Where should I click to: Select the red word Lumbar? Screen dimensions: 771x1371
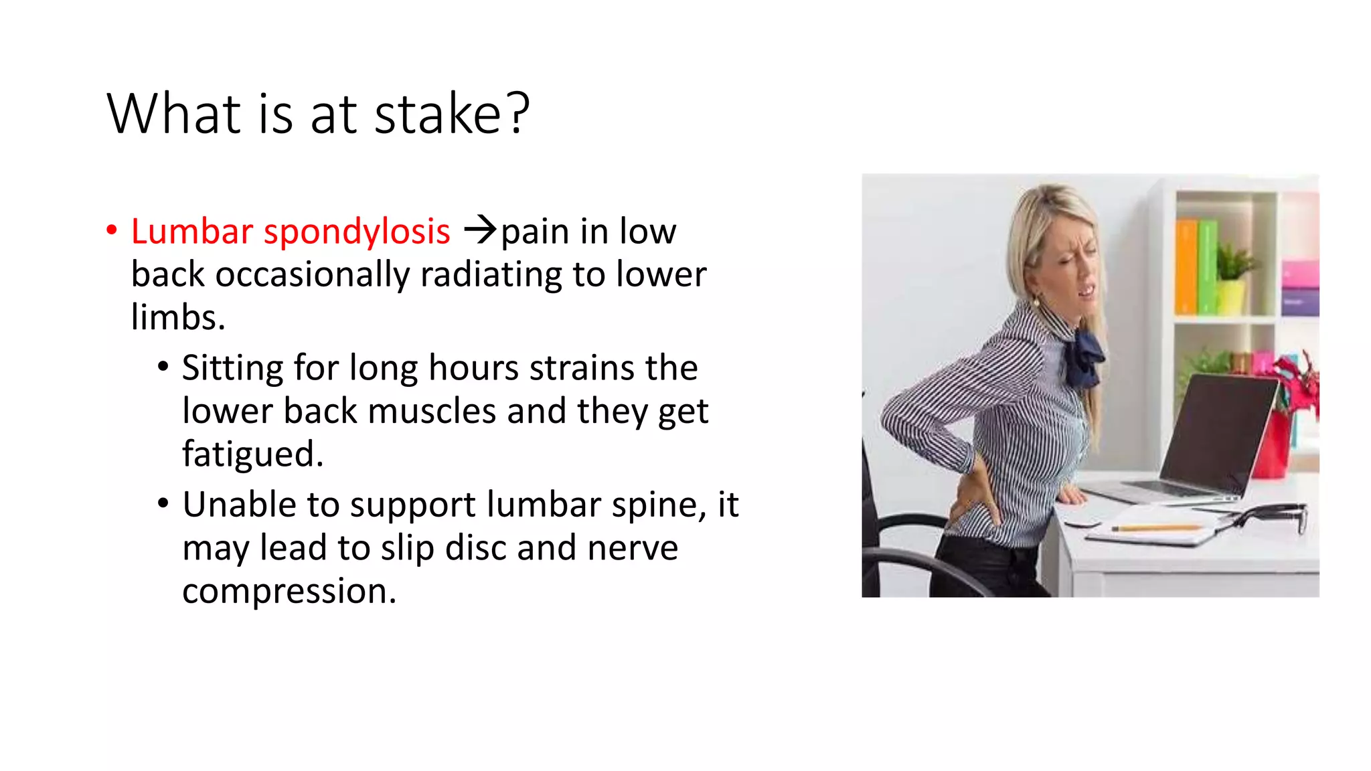[191, 232]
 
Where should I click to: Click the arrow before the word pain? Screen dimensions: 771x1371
[480, 230]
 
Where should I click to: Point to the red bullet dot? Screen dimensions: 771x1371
[112, 230]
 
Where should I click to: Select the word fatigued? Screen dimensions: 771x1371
[252, 455]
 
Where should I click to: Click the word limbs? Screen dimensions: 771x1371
[177, 318]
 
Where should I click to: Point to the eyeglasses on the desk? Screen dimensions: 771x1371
[1272, 515]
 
